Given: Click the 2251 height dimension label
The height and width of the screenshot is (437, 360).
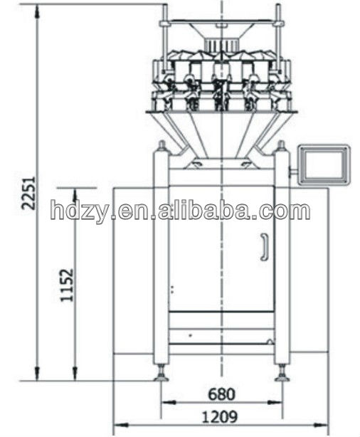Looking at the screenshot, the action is [29, 193].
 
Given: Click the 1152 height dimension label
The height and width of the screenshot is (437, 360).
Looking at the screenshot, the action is [67, 285].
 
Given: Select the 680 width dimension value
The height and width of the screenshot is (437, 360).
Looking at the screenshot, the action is [221, 394].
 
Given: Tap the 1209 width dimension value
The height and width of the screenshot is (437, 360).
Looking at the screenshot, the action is [220, 417].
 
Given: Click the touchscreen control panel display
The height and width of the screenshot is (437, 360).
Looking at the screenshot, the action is [324, 164].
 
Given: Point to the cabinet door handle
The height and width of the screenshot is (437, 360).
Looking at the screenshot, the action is [265, 247].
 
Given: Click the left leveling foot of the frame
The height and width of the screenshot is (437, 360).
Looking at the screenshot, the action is [162, 374].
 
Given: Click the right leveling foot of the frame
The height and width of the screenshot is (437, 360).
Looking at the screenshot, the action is [282, 374].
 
